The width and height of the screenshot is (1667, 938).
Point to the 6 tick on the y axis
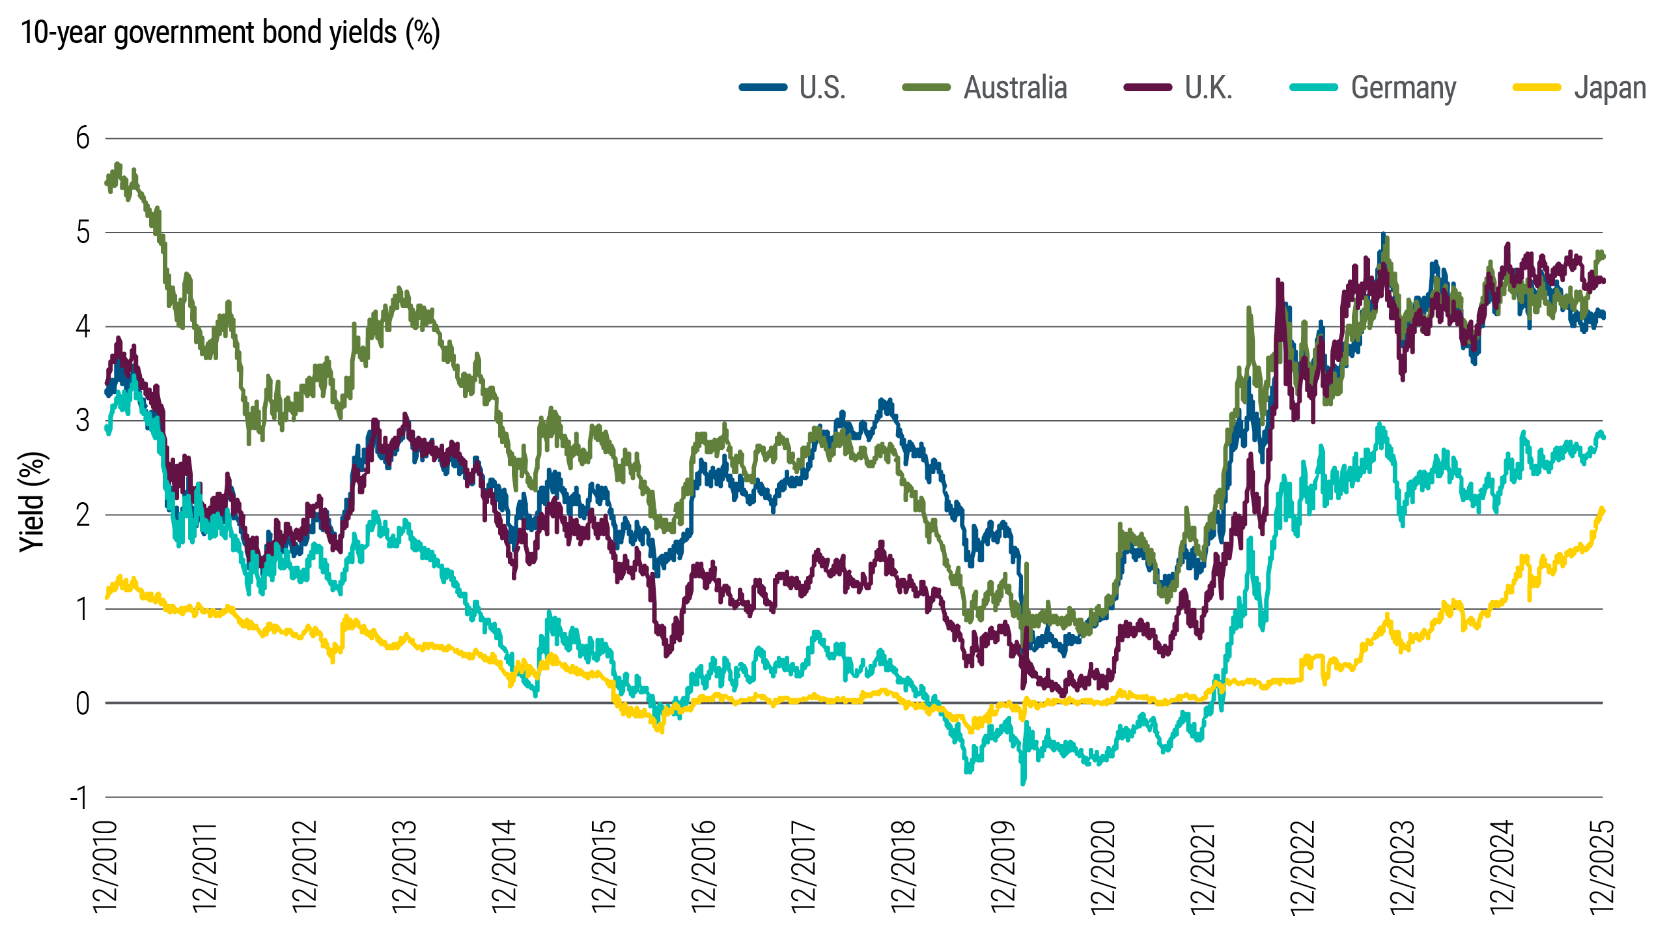[x=83, y=138]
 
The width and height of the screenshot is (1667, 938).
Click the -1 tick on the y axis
[x=79, y=797]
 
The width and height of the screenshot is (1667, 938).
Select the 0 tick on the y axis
[x=83, y=703]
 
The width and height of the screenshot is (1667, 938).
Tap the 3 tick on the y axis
[x=83, y=421]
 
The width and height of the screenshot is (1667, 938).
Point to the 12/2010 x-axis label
[x=105, y=866]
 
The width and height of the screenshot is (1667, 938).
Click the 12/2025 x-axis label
[x=1602, y=866]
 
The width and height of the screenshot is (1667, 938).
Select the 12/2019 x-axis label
[x=1003, y=866]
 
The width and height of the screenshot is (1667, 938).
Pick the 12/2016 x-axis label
[x=704, y=866]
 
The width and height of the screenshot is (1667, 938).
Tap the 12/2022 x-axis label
[x=1303, y=866]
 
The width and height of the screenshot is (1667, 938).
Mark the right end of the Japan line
[x=1603, y=510]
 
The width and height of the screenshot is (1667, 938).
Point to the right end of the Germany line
[x=1603, y=436]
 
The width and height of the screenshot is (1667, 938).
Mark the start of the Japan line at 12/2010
[x=106, y=597]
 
